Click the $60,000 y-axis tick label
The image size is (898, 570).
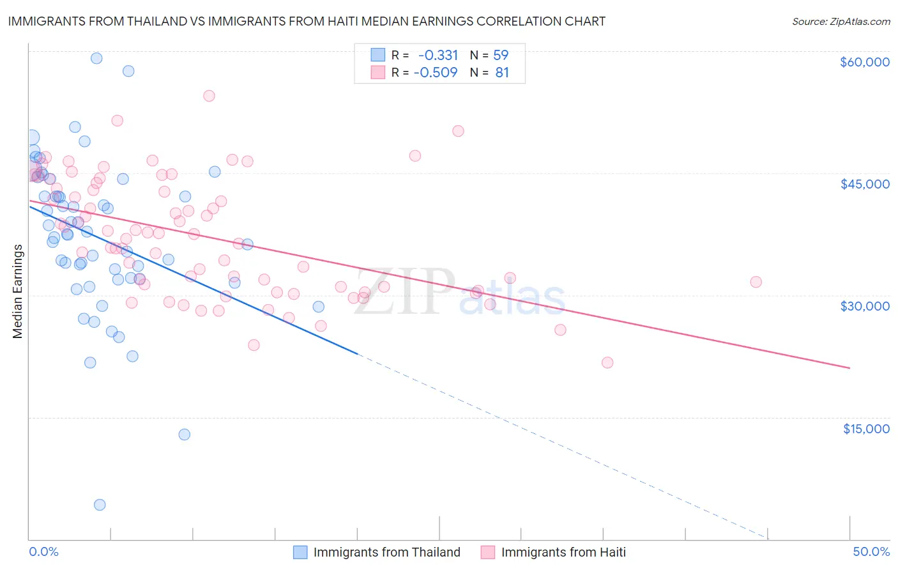pos(864,62)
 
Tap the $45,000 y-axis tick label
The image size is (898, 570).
pos(864,184)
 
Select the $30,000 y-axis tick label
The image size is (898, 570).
pos(864,306)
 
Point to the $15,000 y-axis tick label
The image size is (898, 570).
pos(866,429)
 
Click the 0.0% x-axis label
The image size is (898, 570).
pos(43,551)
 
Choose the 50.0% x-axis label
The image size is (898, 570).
pos(871,551)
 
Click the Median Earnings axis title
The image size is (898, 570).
pos(18,291)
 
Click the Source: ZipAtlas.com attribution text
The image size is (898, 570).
pos(841,21)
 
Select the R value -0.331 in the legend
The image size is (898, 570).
pos(438,55)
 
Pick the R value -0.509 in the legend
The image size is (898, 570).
pos(436,72)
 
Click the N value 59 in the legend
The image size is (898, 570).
pos(501,55)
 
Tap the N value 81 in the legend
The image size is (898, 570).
pos(502,72)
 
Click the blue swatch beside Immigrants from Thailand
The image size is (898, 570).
pos(300,552)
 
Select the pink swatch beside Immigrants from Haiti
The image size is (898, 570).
pos(488,552)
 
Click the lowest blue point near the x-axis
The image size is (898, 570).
pos(100,505)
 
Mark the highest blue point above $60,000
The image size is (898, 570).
pos(96,58)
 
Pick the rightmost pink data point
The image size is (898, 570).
pos(756,282)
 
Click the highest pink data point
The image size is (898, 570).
pos(209,96)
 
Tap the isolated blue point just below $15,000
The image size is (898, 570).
pos(185,435)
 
